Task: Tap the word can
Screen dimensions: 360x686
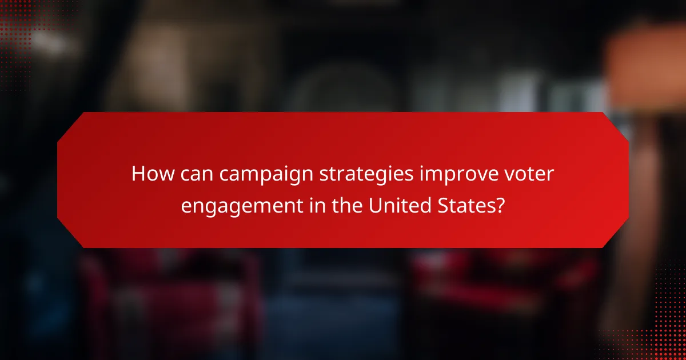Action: click(193, 174)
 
